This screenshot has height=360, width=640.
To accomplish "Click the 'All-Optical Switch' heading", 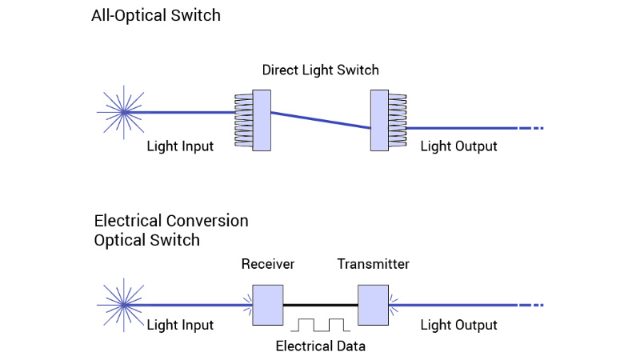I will (x=155, y=15).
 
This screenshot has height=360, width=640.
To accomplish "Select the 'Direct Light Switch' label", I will (x=320, y=70).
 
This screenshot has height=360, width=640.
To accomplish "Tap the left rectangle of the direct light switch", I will (x=262, y=120).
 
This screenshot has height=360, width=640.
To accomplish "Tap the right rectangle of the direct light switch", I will (x=379, y=120).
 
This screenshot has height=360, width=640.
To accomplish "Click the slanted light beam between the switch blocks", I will (x=320, y=120).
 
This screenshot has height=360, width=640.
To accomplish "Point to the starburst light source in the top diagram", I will (x=124, y=113).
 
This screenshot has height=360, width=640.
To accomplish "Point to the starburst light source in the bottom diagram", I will (x=124, y=305).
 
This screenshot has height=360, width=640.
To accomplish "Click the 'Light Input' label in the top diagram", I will (x=180, y=146).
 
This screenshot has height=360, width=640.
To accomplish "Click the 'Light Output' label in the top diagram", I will (x=458, y=146).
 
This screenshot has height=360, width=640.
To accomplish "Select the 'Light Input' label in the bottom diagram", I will (x=180, y=325).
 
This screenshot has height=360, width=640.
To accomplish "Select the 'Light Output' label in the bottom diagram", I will (x=458, y=325).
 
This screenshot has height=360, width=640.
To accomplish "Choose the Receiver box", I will (x=267, y=305).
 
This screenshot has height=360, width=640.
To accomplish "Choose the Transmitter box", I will (x=373, y=305).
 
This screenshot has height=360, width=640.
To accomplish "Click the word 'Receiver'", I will (x=267, y=264).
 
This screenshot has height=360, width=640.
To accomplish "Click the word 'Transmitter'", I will (x=373, y=264).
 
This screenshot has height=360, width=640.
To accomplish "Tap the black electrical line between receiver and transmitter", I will (x=320, y=305).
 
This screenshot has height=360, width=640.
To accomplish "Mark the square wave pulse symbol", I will (x=320, y=324).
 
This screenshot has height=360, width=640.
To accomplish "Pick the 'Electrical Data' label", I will (x=320, y=346).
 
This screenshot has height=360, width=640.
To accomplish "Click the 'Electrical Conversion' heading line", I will (x=171, y=221).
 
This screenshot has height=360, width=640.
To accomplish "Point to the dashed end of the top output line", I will (x=531, y=128).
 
